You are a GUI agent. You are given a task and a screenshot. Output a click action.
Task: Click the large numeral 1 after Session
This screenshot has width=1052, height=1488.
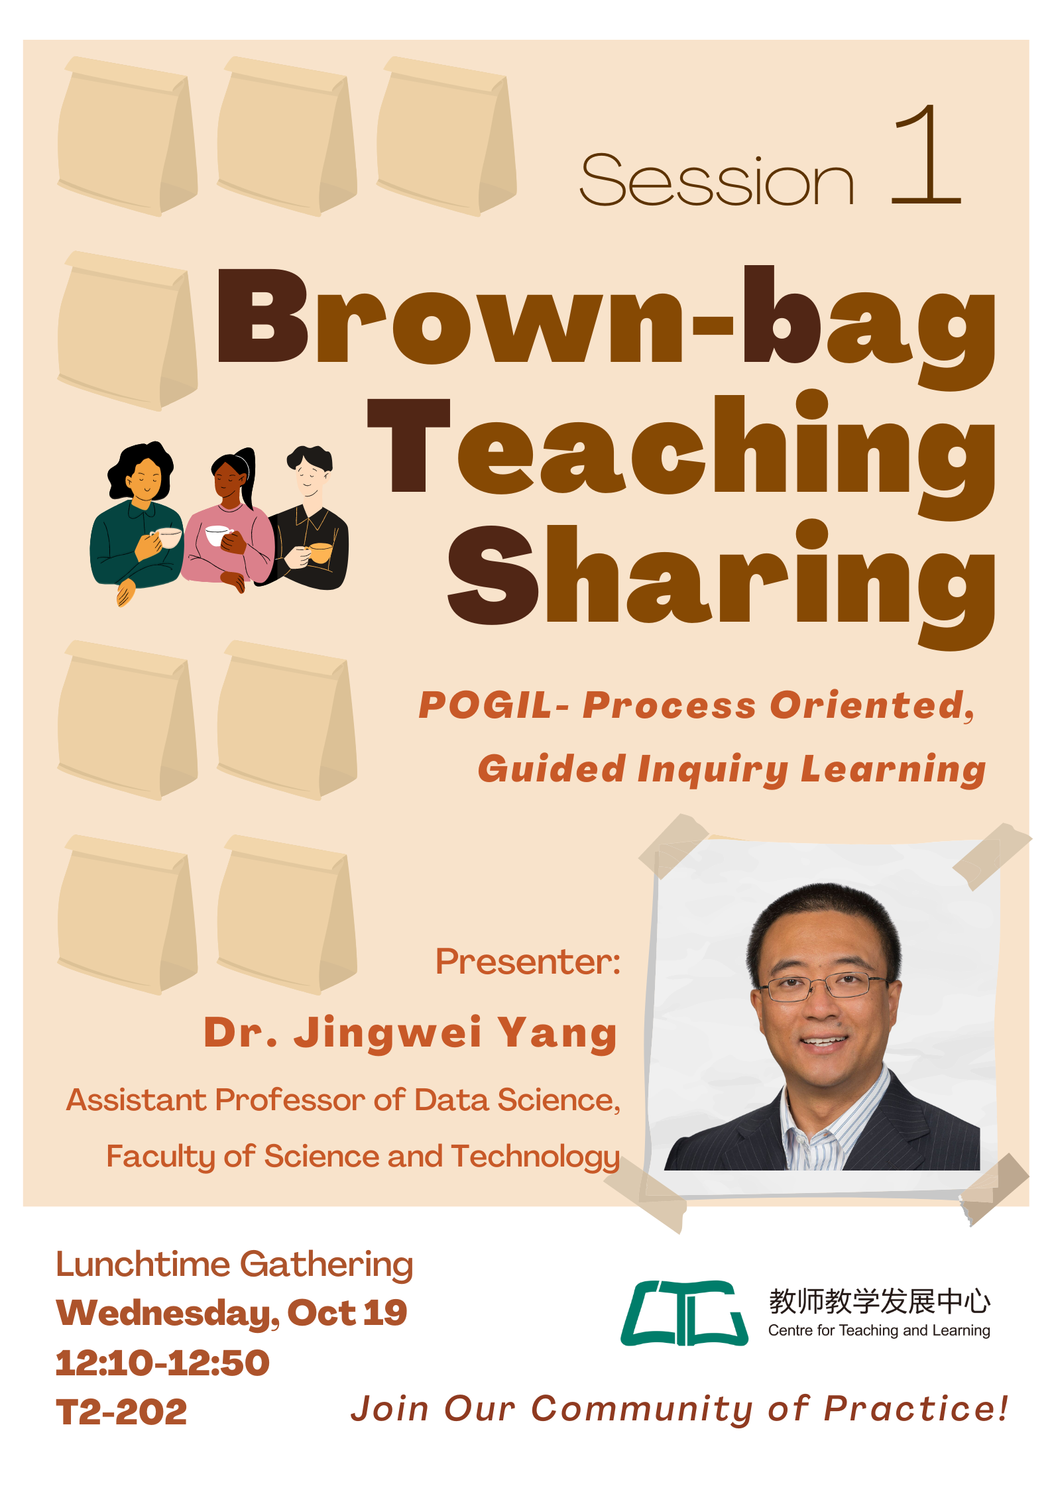point(927,154)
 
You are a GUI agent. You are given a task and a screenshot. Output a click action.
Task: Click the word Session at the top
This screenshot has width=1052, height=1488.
point(717,180)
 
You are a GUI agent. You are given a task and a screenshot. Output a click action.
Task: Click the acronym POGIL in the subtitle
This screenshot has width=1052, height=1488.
point(486,705)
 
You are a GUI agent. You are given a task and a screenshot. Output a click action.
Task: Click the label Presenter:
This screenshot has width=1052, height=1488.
point(528,962)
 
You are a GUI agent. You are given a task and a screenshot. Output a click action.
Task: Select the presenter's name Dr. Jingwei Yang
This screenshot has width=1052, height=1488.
point(411,1033)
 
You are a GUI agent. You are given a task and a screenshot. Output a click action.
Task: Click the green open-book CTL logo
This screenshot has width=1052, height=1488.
point(684,1313)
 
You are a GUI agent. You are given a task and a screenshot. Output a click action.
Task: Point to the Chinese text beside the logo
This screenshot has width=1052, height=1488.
point(880,1302)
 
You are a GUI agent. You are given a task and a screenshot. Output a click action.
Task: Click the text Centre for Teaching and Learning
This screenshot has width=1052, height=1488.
point(879,1330)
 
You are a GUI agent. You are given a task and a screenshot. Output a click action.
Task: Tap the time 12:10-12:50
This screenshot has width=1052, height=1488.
point(163,1363)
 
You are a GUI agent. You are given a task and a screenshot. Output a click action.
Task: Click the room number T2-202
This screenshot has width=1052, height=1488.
point(122,1412)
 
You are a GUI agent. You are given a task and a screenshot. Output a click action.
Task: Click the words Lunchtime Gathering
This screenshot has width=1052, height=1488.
point(235,1265)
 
